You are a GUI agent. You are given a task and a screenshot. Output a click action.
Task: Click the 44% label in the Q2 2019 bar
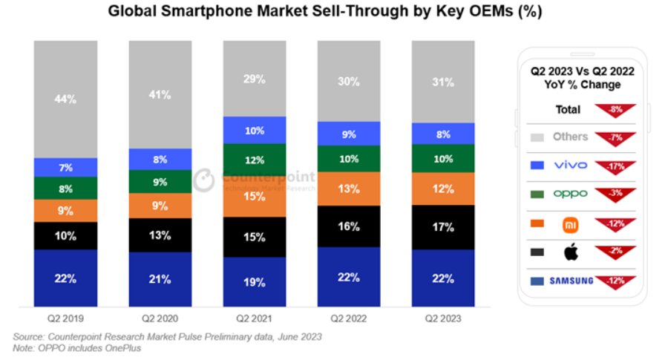(65, 99)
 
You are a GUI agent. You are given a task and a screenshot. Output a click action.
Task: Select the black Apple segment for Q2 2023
(444, 227)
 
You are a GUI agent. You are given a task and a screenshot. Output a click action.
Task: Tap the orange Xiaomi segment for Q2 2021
(255, 197)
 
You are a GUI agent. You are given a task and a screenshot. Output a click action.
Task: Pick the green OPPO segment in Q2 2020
(160, 181)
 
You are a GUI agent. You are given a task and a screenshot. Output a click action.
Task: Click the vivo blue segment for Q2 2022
(349, 134)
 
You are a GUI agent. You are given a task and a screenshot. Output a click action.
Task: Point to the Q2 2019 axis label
(65, 318)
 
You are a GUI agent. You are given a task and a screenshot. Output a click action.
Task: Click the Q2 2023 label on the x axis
(444, 318)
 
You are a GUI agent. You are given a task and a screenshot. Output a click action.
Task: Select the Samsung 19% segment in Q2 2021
(255, 281)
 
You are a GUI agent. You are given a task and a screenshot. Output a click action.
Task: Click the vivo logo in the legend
(570, 165)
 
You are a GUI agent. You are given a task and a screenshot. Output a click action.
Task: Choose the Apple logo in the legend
(571, 252)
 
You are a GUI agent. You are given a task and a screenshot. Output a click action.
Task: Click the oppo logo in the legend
(570, 194)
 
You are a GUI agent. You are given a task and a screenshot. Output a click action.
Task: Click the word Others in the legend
(570, 137)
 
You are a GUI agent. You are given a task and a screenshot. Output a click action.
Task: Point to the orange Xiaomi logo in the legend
(570, 223)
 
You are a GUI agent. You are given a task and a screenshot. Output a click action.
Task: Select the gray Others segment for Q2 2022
(349, 82)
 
